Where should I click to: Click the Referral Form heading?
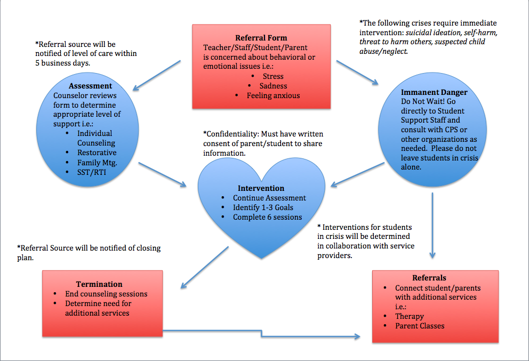tap(261, 38)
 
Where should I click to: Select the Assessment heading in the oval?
tap(90, 86)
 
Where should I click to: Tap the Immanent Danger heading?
tap(432, 92)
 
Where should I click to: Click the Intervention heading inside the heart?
tap(261, 188)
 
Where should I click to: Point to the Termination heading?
tap(99, 284)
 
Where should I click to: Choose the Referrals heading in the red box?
tap(429, 278)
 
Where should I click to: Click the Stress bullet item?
tap(273, 76)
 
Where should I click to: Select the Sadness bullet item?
tap(273, 86)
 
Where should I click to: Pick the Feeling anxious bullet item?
tap(273, 95)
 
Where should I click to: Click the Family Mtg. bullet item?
tap(97, 163)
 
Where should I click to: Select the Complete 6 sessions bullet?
tap(267, 217)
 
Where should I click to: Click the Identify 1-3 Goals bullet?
tap(263, 207)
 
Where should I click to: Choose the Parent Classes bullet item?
tap(419, 326)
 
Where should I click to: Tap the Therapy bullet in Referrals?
tap(409, 316)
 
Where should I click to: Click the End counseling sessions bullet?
tap(106, 294)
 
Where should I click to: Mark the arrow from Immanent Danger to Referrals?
tap(432, 224)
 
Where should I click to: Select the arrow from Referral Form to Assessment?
tap(158, 74)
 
